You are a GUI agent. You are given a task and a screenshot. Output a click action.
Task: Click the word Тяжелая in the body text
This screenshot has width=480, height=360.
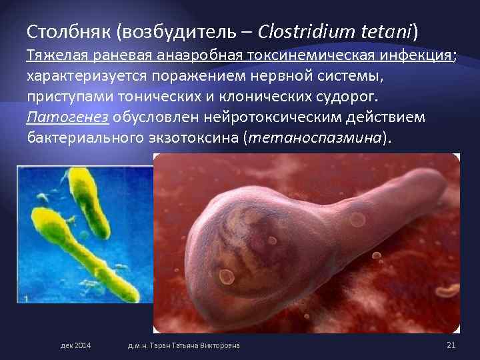54,55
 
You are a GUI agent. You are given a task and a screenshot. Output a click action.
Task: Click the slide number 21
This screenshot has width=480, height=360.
450,345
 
